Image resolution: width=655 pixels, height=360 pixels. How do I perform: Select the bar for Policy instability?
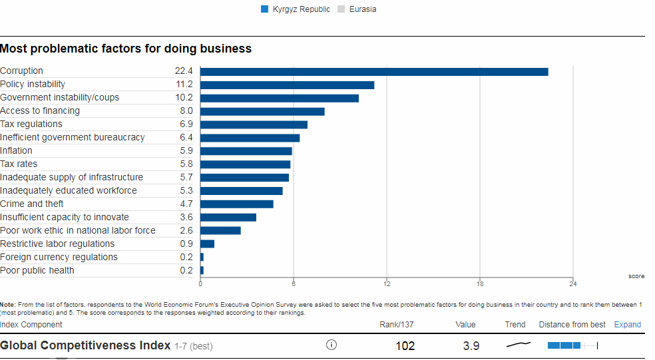(287, 85)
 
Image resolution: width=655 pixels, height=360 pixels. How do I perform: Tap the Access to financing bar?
(262, 111)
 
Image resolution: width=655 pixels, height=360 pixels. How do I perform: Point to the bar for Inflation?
(246, 151)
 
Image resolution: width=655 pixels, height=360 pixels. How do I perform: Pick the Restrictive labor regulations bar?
(207, 244)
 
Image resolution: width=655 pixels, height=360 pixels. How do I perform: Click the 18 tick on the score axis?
(480, 285)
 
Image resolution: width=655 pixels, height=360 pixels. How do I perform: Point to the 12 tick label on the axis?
(387, 285)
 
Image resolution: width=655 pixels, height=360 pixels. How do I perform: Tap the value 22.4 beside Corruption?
(184, 71)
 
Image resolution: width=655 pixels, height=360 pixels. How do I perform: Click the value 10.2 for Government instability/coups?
(184, 98)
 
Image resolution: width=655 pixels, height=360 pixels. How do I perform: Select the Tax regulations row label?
(31, 124)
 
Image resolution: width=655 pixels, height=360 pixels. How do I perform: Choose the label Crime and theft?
(32, 204)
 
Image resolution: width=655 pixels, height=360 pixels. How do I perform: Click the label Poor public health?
(37, 271)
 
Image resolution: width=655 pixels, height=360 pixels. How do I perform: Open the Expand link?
(627, 325)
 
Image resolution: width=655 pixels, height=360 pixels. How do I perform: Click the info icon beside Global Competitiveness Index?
(331, 345)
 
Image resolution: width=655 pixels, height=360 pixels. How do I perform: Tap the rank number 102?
(405, 346)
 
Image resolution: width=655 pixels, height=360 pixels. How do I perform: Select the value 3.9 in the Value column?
(471, 346)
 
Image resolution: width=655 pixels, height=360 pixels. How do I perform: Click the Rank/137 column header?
(397, 325)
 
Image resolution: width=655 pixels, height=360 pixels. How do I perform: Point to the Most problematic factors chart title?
(126, 49)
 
